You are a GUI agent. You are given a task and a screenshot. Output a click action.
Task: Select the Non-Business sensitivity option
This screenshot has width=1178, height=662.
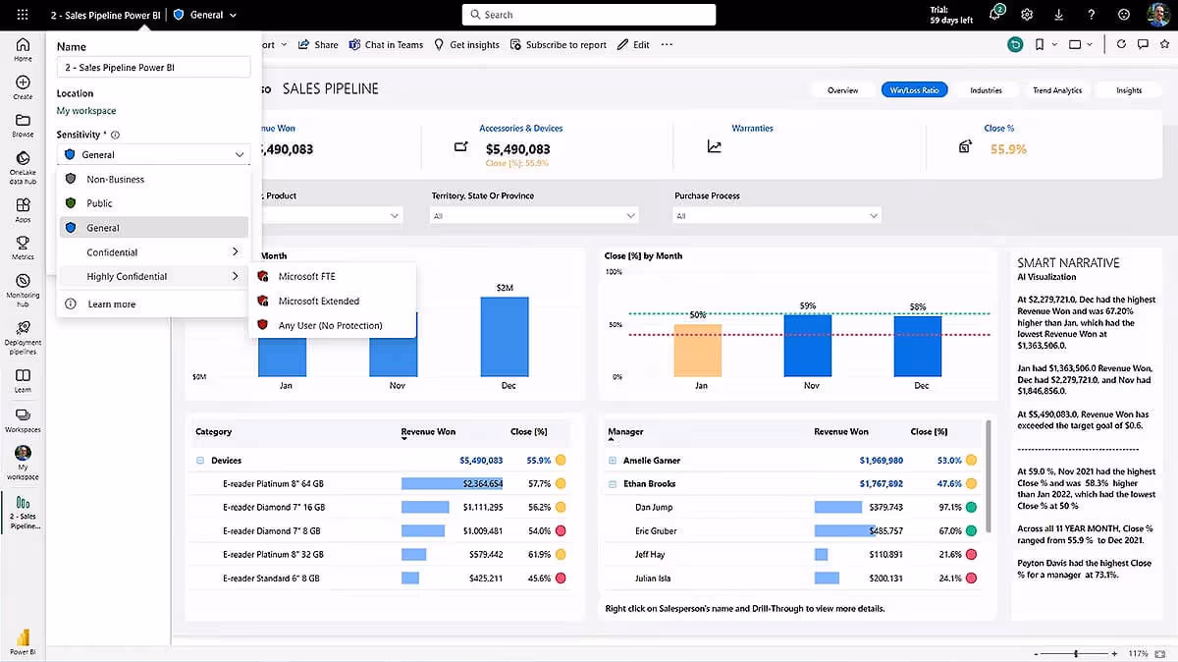(115, 179)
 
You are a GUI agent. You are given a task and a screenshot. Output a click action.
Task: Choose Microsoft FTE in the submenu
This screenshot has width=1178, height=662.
(306, 276)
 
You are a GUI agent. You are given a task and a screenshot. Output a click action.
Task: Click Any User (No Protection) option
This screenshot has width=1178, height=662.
(330, 325)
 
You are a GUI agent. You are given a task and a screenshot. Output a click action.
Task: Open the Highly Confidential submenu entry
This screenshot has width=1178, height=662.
(127, 276)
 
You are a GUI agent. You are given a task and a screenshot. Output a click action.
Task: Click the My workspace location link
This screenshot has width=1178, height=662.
(86, 111)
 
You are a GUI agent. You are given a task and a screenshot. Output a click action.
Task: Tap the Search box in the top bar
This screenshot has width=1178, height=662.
(588, 15)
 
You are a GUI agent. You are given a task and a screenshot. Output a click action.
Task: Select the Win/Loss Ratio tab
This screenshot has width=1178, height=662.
(913, 90)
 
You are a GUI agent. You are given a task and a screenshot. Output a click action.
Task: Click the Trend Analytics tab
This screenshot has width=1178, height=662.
(1056, 90)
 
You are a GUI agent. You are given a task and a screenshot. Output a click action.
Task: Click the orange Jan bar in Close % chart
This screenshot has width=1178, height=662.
(697, 350)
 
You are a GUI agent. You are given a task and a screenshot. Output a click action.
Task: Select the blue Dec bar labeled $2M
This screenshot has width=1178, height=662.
(505, 336)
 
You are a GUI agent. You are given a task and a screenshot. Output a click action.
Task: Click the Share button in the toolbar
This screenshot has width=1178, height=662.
(318, 44)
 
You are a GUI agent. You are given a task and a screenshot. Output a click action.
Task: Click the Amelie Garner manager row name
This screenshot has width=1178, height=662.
(651, 460)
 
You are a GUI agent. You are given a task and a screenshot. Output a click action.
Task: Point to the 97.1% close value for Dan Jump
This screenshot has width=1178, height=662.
(949, 507)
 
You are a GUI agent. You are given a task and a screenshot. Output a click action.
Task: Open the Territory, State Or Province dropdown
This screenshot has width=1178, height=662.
(534, 215)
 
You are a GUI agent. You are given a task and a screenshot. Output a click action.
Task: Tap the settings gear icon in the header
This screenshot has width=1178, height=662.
(1027, 15)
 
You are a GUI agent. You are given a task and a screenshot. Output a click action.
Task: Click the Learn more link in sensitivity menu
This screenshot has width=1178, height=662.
(112, 304)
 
